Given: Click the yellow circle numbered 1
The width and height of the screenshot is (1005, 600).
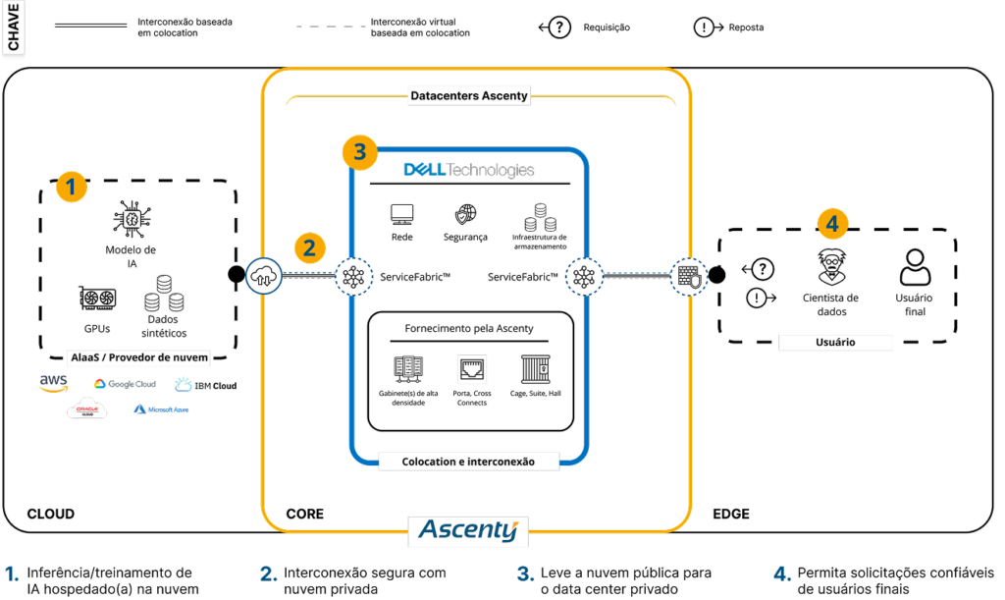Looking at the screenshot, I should click(71, 187).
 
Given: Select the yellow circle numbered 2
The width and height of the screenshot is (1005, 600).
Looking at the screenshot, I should click(309, 248).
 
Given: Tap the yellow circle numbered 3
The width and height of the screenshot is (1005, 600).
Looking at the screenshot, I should click(360, 152).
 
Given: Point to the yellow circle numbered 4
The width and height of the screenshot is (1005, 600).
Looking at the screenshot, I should click(832, 224).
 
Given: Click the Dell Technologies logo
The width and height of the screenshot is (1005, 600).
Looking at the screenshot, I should click(469, 170).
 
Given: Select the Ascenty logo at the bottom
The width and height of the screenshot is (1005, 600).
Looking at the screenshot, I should click(467, 530).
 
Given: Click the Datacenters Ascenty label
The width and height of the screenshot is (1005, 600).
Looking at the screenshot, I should click(468, 95).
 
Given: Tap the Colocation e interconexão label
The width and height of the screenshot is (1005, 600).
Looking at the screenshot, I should click(468, 461).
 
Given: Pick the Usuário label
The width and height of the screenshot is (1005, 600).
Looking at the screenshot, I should click(834, 343).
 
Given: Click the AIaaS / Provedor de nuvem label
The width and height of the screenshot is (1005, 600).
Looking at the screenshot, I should click(139, 356).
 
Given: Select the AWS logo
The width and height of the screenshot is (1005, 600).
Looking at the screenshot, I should click(53, 383).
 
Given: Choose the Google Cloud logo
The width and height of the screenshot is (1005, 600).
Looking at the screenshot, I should click(125, 384).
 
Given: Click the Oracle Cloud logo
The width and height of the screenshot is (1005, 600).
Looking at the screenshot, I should click(86, 409).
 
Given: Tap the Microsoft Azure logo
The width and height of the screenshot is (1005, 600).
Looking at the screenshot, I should click(161, 409).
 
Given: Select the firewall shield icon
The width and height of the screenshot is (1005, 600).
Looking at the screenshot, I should click(689, 277).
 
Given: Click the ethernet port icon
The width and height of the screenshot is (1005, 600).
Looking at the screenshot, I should click(472, 369).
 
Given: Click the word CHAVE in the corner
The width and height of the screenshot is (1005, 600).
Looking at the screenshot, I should click(14, 28).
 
